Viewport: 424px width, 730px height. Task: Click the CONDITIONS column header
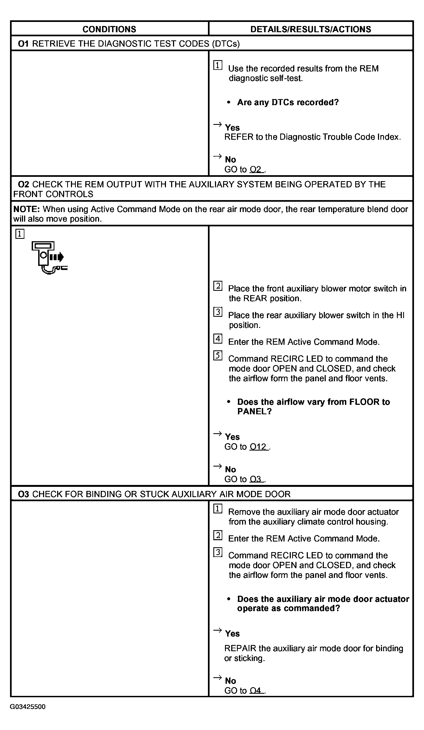pyautogui.click(x=109, y=29)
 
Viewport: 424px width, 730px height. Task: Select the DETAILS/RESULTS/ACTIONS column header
pyautogui.click(x=311, y=29)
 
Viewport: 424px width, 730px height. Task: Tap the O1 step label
pyautogui.click(x=23, y=44)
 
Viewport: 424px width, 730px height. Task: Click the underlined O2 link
pyautogui.click(x=256, y=169)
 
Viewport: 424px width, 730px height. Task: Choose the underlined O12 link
pyautogui.click(x=258, y=447)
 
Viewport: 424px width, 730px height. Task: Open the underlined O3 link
pyautogui.click(x=256, y=479)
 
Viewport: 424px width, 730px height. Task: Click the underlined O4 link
pyautogui.click(x=256, y=691)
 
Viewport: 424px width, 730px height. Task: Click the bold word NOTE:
pyautogui.click(x=26, y=209)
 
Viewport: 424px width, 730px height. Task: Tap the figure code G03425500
pyautogui.click(x=28, y=706)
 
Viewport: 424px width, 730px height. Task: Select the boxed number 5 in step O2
pyautogui.click(x=218, y=355)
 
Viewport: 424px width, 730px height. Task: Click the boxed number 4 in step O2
pyautogui.click(x=218, y=338)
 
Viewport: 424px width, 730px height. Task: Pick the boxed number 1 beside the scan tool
pyautogui.click(x=20, y=234)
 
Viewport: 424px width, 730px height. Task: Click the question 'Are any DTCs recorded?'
pyautogui.click(x=288, y=102)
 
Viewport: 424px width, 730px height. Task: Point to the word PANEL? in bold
pyautogui.click(x=254, y=411)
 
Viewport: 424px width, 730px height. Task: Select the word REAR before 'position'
pyautogui.click(x=255, y=298)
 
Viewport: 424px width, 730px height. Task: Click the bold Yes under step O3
pyautogui.click(x=232, y=634)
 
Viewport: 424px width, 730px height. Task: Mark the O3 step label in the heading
pyautogui.click(x=23, y=494)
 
